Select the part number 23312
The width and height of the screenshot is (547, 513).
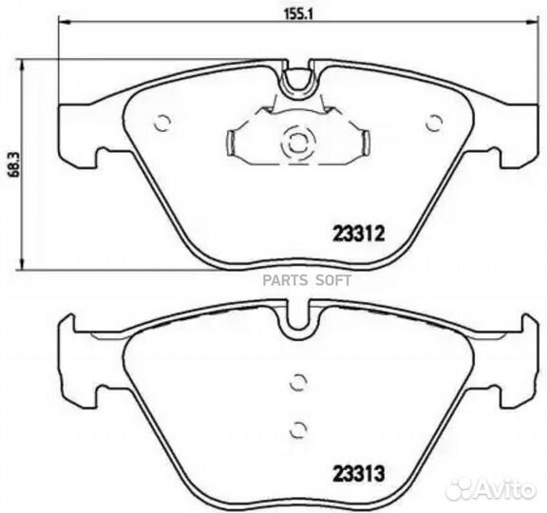[x=358, y=230]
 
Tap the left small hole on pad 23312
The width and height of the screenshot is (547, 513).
[x=162, y=122]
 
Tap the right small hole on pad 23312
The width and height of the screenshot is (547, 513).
[x=435, y=122]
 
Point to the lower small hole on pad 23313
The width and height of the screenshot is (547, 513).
[x=299, y=427]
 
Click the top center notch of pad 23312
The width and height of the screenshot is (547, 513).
[x=299, y=78]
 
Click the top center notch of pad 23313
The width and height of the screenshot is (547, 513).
[x=299, y=318]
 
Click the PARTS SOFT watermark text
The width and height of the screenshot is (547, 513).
[x=314, y=279]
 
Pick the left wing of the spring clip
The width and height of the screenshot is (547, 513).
[x=236, y=142]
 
